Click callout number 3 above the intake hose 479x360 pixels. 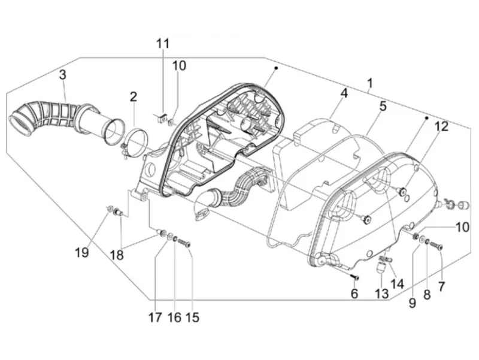point(63,74)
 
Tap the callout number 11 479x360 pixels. point(163,43)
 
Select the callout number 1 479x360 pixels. point(370,83)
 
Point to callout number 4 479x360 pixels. point(344,93)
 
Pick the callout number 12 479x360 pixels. point(383,106)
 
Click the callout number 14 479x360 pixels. point(397,284)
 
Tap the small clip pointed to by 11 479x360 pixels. point(162,116)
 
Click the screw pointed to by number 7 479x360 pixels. point(436,246)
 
